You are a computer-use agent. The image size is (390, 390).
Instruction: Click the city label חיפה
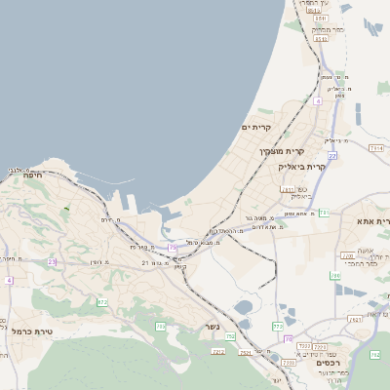click(31, 175)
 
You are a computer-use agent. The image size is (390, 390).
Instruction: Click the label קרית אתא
click(373, 221)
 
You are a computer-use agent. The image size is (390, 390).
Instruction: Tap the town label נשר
click(212, 326)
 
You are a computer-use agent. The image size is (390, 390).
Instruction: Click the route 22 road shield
click(332, 155)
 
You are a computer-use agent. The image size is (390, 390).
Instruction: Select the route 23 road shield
click(52, 261)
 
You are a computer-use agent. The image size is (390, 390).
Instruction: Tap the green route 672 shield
click(102, 302)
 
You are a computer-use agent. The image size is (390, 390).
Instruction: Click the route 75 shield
click(173, 248)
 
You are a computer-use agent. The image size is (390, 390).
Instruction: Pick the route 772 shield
click(279, 324)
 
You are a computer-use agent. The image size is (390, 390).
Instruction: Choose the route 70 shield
click(288, 338)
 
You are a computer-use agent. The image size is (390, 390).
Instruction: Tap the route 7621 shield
click(245, 352)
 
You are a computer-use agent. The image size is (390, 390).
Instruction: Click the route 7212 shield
click(218, 351)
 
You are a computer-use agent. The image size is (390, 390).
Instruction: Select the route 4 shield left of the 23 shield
click(9, 281)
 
